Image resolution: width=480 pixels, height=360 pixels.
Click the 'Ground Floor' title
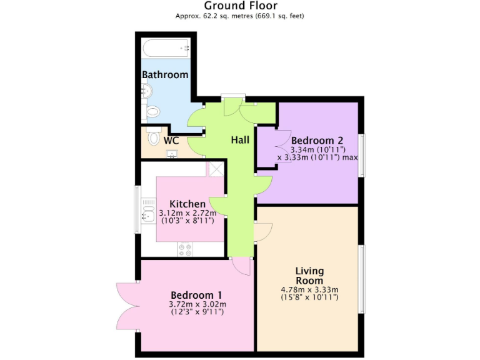pyautogui.click(x=241, y=6)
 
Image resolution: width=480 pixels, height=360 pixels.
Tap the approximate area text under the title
pyautogui.click(x=241, y=16)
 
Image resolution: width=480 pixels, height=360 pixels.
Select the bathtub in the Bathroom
pyautogui.click(x=166, y=48)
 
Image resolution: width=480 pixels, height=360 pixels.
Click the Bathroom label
pyautogui.click(x=165, y=75)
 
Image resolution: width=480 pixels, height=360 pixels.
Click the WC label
pyautogui.click(x=171, y=141)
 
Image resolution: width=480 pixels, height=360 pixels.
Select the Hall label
pyautogui.click(x=240, y=140)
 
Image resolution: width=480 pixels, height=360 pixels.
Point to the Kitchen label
pyautogui.click(x=187, y=204)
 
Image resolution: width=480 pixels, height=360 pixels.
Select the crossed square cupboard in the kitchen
pyautogui.click(x=216, y=168)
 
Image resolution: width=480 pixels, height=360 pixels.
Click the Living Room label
pyautogui.click(x=309, y=276)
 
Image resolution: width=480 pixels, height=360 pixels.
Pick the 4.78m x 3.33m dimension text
pyautogui.click(x=309, y=290)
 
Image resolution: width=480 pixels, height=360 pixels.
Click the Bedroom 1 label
pyautogui.click(x=196, y=295)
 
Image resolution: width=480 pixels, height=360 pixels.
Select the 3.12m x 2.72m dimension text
pyautogui.click(x=188, y=213)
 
